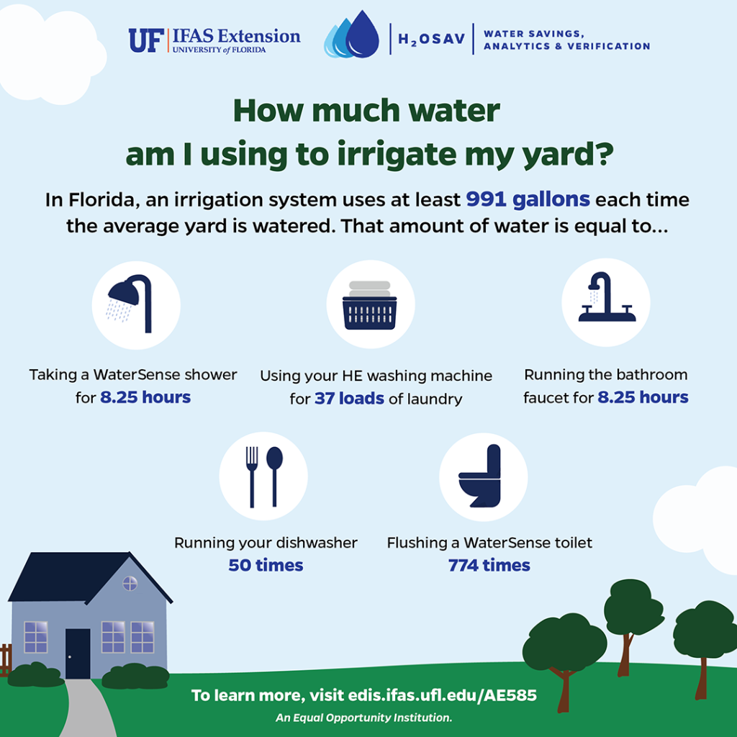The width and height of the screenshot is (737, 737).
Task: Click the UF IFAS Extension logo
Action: pyautogui.click(x=214, y=40)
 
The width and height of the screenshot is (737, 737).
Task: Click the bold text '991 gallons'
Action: pyautogui.click(x=528, y=199)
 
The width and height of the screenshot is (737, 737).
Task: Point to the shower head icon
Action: pyautogui.click(x=135, y=302)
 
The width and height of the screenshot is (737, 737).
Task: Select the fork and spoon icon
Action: pyautogui.click(x=263, y=476)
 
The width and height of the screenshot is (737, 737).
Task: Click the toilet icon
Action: pyautogui.click(x=481, y=476)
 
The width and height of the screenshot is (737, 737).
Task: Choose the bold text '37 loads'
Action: pyautogui.click(x=349, y=398)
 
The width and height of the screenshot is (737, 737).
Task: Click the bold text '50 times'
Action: pyautogui.click(x=266, y=566)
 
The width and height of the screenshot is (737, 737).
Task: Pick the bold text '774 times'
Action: pyautogui.click(x=489, y=566)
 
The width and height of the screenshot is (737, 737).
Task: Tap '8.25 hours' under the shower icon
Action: pyautogui.click(x=145, y=397)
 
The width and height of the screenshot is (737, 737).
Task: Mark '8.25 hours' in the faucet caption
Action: pyautogui.click(x=643, y=397)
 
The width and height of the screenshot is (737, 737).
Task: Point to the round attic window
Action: pyautogui.click(x=130, y=583)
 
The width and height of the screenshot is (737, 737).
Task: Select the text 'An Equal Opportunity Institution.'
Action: pyautogui.click(x=363, y=718)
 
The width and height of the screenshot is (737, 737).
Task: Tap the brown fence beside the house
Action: pyautogui.click(x=6, y=659)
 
